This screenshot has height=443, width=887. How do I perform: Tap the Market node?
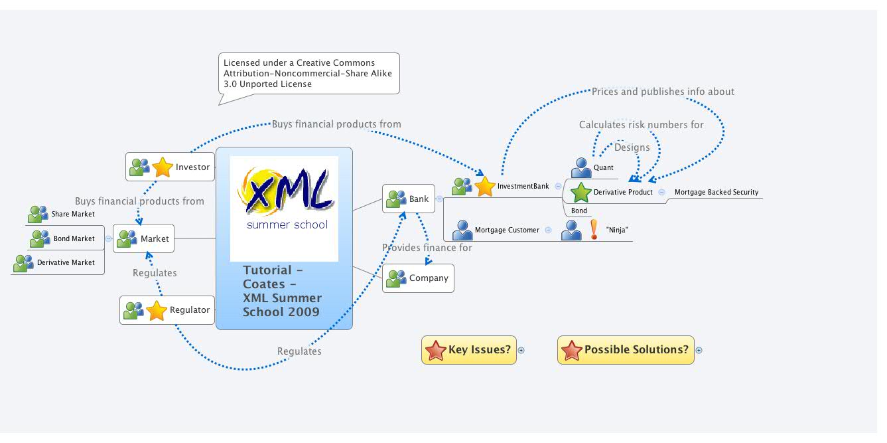point(144,238)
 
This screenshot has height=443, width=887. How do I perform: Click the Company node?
point(418,278)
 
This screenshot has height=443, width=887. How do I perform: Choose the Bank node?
point(409,199)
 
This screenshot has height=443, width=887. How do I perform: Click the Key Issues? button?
point(469,350)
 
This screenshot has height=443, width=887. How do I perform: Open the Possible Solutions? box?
point(626,350)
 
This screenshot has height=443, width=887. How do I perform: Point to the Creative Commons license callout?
point(308,73)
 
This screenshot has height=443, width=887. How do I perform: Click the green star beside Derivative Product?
point(581,193)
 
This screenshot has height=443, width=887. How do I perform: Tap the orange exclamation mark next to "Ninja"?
point(594,230)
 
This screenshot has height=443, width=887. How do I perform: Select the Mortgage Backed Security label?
point(716,193)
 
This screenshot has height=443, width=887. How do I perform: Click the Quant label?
point(603,168)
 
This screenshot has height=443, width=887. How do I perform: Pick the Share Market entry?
point(73,215)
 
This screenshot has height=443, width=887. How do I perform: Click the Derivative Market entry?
point(65,263)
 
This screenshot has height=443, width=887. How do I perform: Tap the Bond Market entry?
point(74,238)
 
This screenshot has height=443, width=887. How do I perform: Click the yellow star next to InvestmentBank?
point(485,187)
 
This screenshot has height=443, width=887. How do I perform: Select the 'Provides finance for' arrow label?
point(427,248)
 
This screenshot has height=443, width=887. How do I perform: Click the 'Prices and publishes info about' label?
point(663,92)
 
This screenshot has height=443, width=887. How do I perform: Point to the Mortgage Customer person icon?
point(462,230)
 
